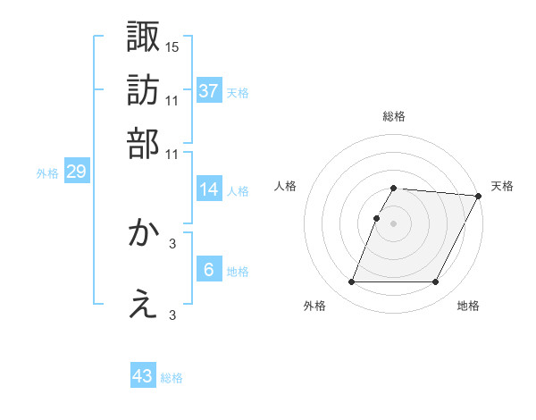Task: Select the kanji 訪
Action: pyautogui.click(x=143, y=89)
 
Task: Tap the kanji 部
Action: pyautogui.click(x=143, y=142)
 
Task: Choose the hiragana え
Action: pyautogui.click(x=143, y=305)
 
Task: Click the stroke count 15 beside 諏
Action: pyautogui.click(x=172, y=46)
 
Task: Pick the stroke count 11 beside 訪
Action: pyautogui.click(x=172, y=99)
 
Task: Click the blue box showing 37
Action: pyautogui.click(x=208, y=90)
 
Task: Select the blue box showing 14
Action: pyautogui.click(x=208, y=189)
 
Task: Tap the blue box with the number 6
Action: pyautogui.click(x=208, y=270)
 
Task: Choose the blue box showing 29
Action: pyautogui.click(x=76, y=172)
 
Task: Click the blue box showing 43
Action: pyautogui.click(x=143, y=376)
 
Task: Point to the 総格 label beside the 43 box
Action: pyautogui.click(x=172, y=378)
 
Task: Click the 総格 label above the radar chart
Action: pyautogui.click(x=394, y=117)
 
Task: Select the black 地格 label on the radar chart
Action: pyautogui.click(x=468, y=307)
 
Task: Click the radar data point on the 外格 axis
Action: pyautogui.click(x=351, y=282)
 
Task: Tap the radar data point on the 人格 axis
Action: pyautogui.click(x=377, y=218)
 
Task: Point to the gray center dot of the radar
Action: pyautogui.click(x=394, y=223)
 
